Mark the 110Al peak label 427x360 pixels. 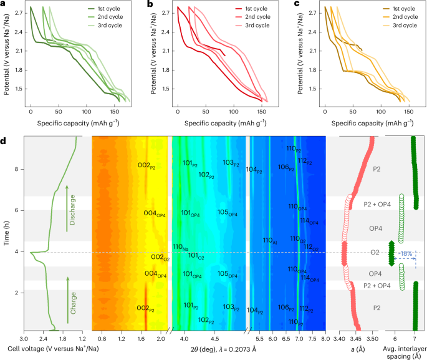[x=270, y=240]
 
